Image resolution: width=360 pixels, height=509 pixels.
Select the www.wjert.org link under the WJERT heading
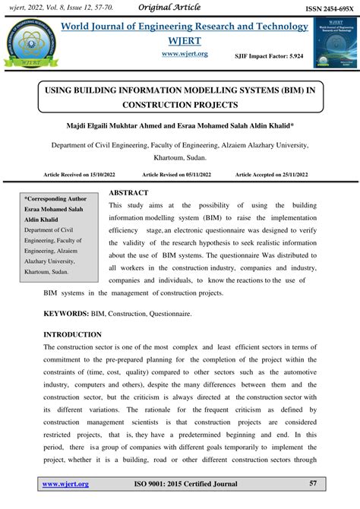pos(185,54)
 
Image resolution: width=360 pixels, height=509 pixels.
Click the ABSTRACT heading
pos(129,193)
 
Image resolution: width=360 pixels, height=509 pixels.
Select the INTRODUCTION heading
pos(72,334)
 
